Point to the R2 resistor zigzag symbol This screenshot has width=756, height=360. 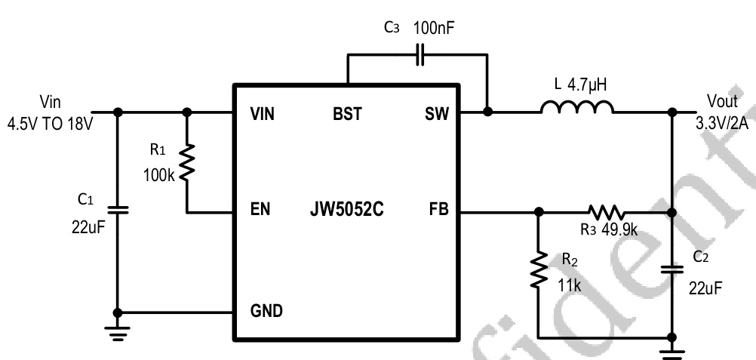click(538, 270)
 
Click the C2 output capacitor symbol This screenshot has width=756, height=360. click(671, 268)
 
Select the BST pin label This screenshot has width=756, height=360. click(347, 115)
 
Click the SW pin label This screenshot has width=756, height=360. click(436, 115)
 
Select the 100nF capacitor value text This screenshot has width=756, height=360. click(435, 29)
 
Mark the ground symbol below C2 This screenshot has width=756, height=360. click(671, 349)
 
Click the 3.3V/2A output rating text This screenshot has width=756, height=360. click(724, 122)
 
